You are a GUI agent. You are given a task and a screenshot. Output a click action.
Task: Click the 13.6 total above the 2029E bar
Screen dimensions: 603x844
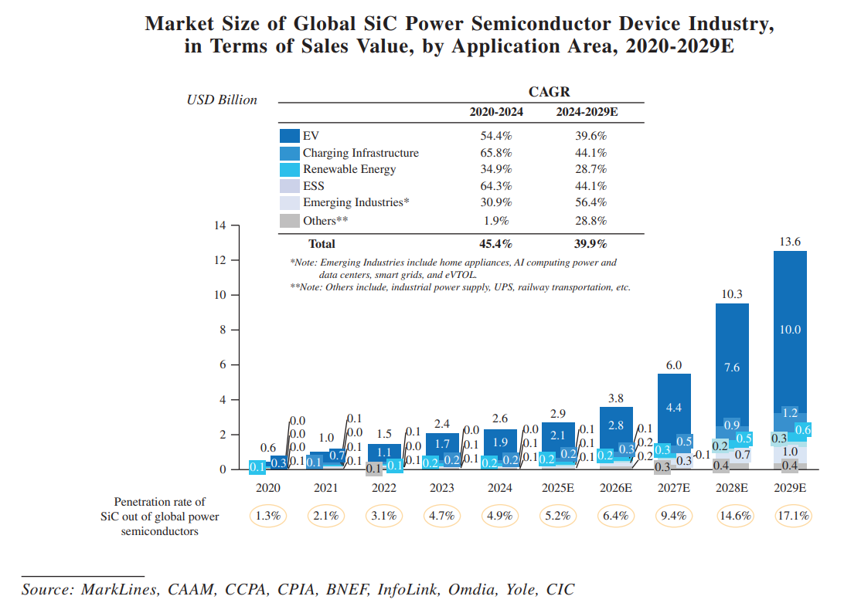coord(790,242)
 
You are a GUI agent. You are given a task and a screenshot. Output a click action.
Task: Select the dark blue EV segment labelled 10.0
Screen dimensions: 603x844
coord(790,330)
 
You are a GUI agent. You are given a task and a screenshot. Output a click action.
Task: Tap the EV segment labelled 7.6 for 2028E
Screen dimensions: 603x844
coord(732,368)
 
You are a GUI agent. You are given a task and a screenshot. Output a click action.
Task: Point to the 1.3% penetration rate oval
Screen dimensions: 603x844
coord(268,516)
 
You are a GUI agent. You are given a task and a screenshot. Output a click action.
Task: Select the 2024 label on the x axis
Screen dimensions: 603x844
coord(500,488)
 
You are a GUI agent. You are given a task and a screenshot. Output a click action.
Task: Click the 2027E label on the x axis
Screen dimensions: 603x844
coord(674,488)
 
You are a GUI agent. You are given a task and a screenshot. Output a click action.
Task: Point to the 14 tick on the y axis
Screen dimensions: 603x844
coord(220,225)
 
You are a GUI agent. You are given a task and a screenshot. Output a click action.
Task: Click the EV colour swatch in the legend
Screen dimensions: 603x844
coord(289,136)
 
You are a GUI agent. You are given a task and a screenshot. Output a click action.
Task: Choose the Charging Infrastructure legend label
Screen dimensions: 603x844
coord(360,153)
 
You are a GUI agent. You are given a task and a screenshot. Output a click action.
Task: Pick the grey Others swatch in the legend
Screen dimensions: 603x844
coord(289,221)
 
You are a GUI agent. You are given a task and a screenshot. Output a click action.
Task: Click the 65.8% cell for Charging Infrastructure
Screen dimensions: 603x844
coord(496,153)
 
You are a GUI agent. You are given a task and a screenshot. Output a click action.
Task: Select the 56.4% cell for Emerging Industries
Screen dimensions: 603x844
coord(591,203)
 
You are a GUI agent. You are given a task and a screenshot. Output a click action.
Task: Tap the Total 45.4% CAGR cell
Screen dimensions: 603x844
coord(496,244)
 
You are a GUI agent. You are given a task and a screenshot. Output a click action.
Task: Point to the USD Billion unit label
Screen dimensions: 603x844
coord(222,100)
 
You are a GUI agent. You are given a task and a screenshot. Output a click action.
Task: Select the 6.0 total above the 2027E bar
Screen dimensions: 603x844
coord(674,364)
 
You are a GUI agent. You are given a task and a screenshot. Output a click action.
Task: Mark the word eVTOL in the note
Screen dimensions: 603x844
coord(461,274)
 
